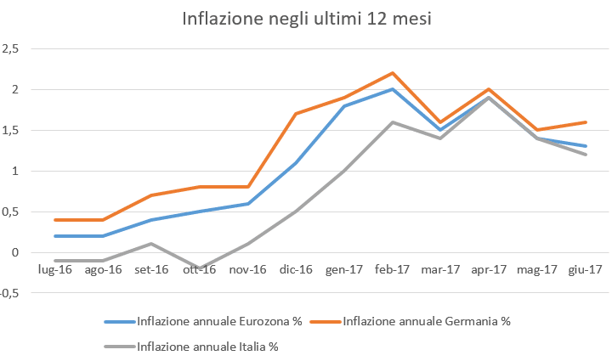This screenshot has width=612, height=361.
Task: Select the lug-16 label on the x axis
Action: (x=55, y=270)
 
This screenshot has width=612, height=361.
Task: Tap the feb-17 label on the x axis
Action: (x=392, y=270)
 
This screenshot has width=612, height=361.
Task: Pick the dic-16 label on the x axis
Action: (x=295, y=270)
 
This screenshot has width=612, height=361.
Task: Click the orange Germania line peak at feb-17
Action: (x=392, y=73)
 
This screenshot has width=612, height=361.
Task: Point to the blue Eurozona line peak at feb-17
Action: (x=392, y=89)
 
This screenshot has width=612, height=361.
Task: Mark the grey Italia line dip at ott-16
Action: (x=200, y=268)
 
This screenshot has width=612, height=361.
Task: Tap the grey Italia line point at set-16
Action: (x=151, y=244)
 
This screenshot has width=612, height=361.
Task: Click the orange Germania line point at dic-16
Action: (x=295, y=114)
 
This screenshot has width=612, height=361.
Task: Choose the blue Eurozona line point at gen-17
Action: (x=343, y=105)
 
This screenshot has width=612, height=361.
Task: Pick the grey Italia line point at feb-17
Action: (x=392, y=121)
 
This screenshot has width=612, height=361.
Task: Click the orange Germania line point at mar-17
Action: (x=440, y=121)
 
